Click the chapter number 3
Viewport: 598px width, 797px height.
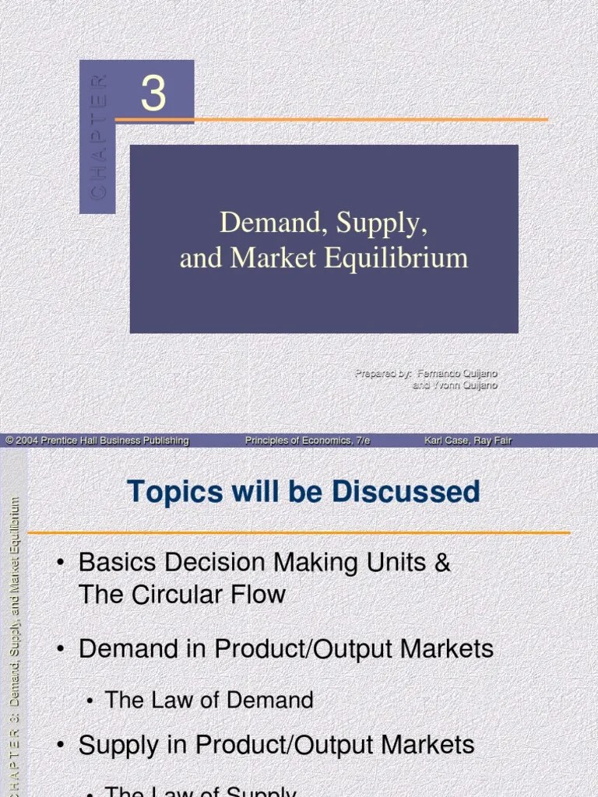click(153, 94)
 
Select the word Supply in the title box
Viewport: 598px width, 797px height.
click(382, 223)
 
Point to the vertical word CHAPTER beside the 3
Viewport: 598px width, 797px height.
click(98, 136)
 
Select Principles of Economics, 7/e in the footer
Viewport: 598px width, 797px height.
click(308, 441)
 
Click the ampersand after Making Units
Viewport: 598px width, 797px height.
click(442, 562)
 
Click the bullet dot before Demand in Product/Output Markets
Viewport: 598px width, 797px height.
click(60, 649)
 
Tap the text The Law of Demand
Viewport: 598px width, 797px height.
click(209, 700)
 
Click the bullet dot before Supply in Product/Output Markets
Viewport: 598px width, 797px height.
click(60, 745)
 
